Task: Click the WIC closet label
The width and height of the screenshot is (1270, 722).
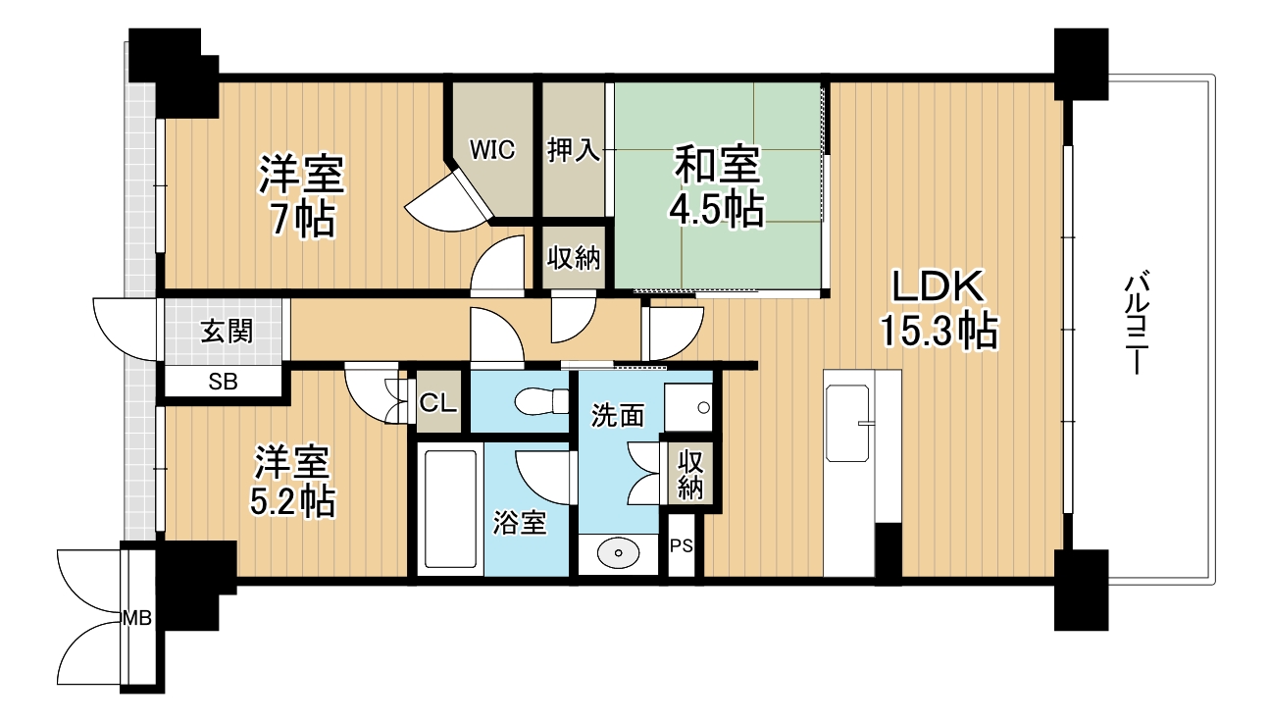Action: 492,150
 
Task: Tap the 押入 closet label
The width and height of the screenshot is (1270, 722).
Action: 573,150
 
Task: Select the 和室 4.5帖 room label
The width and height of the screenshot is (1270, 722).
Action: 717,187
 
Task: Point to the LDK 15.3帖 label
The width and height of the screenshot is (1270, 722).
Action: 939,309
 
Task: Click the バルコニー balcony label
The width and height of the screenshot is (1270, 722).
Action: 1136,324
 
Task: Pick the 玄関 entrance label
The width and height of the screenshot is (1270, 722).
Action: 227,332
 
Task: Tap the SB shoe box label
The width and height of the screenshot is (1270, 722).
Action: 223,382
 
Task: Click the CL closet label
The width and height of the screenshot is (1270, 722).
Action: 437,402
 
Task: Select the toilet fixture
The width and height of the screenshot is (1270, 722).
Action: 542,401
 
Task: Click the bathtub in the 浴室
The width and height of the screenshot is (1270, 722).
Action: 450,509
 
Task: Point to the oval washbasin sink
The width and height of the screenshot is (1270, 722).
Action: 619,552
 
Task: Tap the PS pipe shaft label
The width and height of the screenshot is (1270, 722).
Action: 682,545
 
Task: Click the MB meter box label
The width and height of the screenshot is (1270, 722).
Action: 137,618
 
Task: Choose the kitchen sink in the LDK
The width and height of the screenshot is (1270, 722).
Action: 847,423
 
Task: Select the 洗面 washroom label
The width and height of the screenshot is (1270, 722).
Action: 618,415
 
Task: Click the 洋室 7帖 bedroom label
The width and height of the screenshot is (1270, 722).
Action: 302,195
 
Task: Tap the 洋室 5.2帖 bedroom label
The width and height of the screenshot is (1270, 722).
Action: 292,482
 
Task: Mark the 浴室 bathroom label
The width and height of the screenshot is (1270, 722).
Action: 520,522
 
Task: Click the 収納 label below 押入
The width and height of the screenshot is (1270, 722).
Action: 573,258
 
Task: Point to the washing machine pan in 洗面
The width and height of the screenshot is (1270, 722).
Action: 688,407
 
